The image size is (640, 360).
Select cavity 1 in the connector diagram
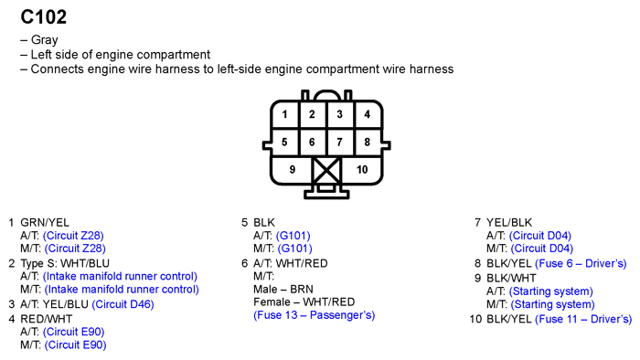[x=285, y=114]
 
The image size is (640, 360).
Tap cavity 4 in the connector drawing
[x=367, y=114]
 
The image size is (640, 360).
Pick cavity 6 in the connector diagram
[x=312, y=143]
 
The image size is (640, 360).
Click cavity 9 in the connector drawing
[x=293, y=169]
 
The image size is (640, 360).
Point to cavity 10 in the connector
[x=361, y=169]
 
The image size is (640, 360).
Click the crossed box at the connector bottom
[x=326, y=171]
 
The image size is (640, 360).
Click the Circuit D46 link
[x=123, y=304]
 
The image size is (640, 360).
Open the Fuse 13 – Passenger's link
[x=314, y=315]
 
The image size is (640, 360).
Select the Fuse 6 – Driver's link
[x=583, y=262]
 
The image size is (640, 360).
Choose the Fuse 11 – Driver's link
[x=583, y=319]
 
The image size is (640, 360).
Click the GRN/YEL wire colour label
[x=45, y=222]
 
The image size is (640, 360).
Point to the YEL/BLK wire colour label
[x=508, y=222]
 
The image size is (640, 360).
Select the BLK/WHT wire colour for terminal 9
[x=510, y=277]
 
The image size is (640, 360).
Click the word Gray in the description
[x=45, y=40]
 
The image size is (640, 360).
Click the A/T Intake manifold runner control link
[x=120, y=276]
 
